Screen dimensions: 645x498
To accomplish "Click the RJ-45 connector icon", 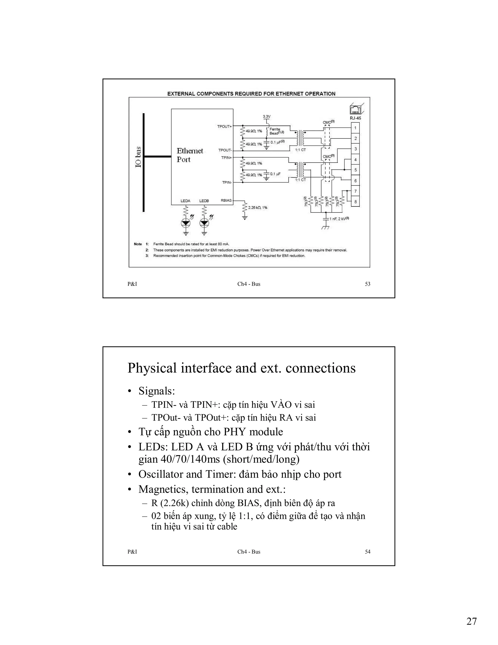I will point(356,110).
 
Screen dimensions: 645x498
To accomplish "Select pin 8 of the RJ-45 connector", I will point(355,202).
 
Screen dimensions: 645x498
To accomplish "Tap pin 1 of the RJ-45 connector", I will point(355,128).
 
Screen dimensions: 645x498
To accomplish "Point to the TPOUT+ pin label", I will point(224,126).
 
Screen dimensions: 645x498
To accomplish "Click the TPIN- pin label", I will point(227,183).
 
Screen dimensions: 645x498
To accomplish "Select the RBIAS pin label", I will point(226,201).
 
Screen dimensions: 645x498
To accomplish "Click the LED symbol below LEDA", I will point(186,223).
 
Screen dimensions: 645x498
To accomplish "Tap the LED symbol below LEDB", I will point(204,223).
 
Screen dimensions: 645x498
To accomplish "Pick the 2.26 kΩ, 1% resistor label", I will point(258,208).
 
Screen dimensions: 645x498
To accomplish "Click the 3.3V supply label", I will point(267,117).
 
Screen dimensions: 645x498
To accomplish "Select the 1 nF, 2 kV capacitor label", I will point(339,219).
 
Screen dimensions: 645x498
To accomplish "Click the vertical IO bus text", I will point(138,157).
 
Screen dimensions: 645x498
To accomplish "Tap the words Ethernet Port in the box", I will point(190,155).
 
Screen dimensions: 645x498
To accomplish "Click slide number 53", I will point(367,284).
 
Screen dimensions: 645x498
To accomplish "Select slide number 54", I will point(367,552).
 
